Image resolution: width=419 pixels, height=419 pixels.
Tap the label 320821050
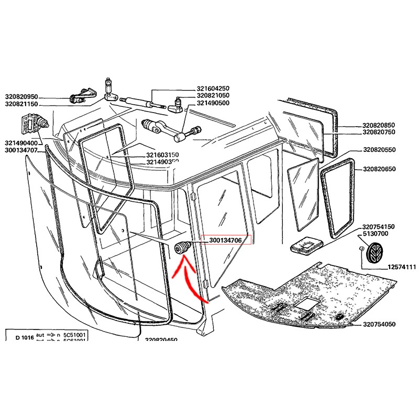click(x=213, y=96)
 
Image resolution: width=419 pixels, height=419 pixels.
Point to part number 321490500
click(x=213, y=103)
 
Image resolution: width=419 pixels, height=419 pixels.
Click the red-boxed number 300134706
click(x=225, y=240)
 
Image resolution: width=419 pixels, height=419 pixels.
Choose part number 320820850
click(x=379, y=126)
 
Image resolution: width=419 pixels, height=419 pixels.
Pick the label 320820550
click(x=379, y=150)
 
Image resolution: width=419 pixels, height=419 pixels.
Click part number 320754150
click(x=379, y=227)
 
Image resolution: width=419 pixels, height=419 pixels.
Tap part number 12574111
click(x=402, y=267)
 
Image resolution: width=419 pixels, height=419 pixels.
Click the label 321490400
click(x=21, y=143)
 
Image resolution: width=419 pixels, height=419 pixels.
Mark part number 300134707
click(x=21, y=150)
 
